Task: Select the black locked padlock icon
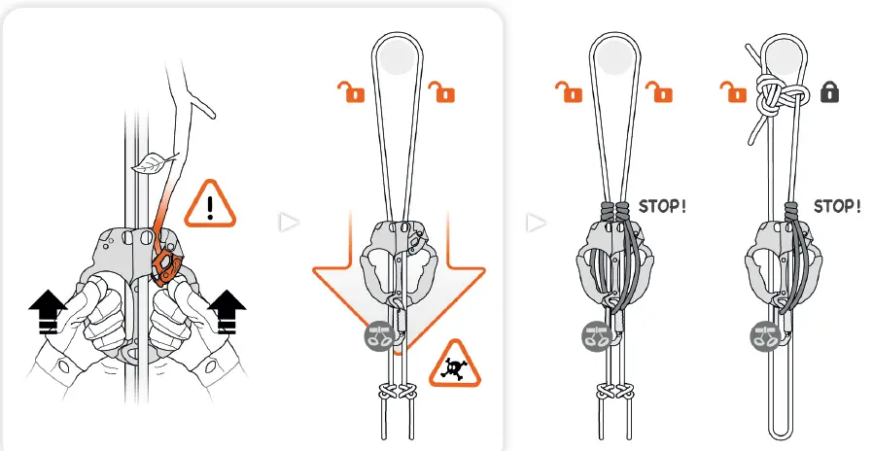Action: point(829,93)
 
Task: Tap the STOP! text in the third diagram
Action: point(663,206)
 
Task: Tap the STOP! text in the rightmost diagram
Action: point(837,206)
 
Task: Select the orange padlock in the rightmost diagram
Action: point(731,92)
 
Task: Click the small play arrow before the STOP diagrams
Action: point(535,223)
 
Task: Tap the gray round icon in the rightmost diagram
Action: point(763,336)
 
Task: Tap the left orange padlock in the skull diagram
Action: point(347,92)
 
